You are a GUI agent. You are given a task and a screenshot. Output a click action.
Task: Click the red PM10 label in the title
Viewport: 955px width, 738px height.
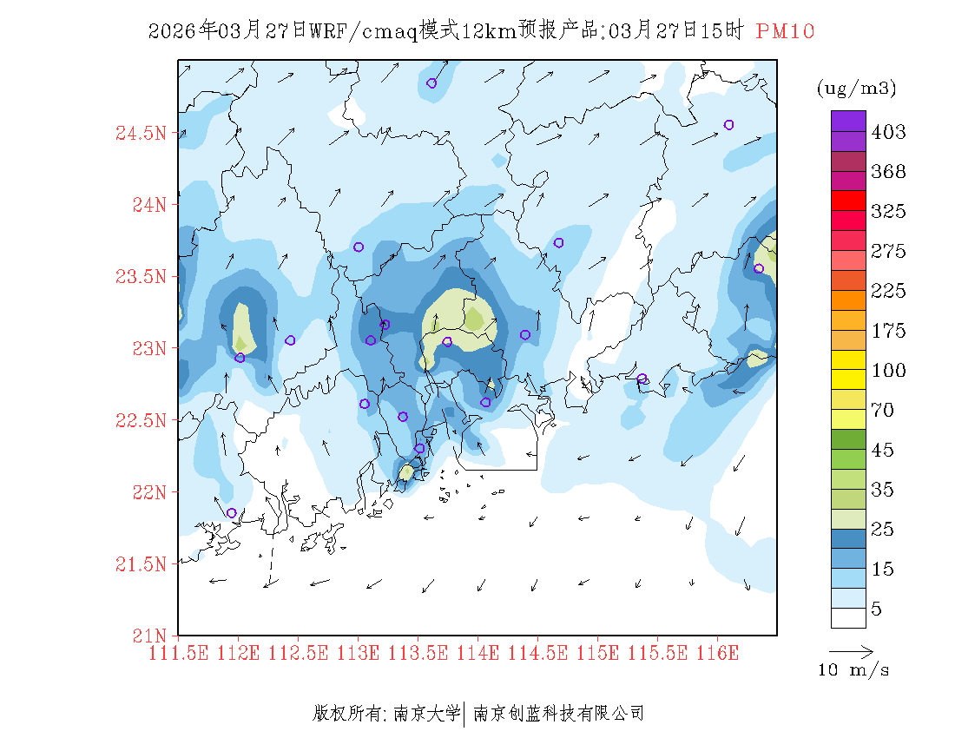(x=785, y=31)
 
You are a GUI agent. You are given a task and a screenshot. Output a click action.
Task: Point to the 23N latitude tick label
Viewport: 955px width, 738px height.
(x=148, y=348)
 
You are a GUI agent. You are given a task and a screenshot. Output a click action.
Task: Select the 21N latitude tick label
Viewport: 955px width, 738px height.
(x=148, y=636)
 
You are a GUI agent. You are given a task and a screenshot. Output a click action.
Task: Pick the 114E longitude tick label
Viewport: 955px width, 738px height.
(x=478, y=653)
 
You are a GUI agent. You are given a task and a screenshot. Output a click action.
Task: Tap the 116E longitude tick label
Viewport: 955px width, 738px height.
(x=718, y=653)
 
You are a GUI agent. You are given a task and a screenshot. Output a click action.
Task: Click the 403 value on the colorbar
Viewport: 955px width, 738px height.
(x=888, y=132)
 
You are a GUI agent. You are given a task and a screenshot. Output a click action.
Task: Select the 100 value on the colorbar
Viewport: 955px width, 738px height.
(x=888, y=371)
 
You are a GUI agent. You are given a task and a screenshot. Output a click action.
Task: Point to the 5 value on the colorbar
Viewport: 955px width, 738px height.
(x=877, y=610)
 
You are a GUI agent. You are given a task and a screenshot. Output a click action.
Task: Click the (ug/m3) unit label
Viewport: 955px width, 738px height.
(x=856, y=88)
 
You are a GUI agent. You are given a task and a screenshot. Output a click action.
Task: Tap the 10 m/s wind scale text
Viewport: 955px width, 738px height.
(x=854, y=670)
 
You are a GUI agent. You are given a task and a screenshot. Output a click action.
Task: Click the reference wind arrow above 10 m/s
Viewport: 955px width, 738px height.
(x=851, y=649)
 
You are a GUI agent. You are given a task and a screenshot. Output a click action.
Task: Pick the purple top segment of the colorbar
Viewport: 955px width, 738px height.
(x=848, y=121)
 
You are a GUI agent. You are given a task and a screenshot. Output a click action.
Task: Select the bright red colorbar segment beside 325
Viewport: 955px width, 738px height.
(x=848, y=200)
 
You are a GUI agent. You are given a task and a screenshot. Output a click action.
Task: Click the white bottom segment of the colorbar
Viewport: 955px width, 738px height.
(x=848, y=617)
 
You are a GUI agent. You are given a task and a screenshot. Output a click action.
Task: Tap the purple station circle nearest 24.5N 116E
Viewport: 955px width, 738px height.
(x=728, y=125)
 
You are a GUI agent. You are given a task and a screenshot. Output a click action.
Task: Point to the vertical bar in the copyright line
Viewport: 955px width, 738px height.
(x=466, y=714)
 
